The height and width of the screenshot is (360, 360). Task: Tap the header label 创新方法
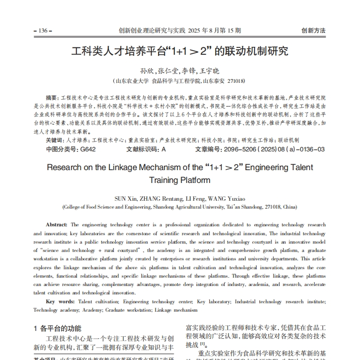[313, 31]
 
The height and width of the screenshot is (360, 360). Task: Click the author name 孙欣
[147, 71]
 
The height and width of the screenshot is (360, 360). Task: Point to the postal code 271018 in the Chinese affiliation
[235, 81]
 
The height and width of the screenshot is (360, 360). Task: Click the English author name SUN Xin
[123, 199]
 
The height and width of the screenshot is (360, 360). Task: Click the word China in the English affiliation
[289, 207]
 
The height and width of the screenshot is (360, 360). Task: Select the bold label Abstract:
[57, 224]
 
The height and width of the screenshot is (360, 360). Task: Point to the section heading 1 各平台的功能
[58, 328]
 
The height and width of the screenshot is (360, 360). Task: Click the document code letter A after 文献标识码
[164, 149]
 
